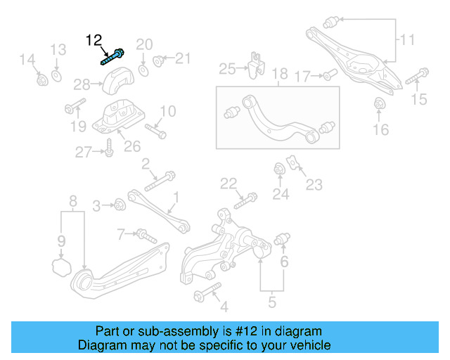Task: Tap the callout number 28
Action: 82,85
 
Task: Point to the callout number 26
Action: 132,146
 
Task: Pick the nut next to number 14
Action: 41,79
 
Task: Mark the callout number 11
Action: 407,40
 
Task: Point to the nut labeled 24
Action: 280,169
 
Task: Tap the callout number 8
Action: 72,203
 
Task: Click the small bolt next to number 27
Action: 109,149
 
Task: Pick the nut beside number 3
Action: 120,205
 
